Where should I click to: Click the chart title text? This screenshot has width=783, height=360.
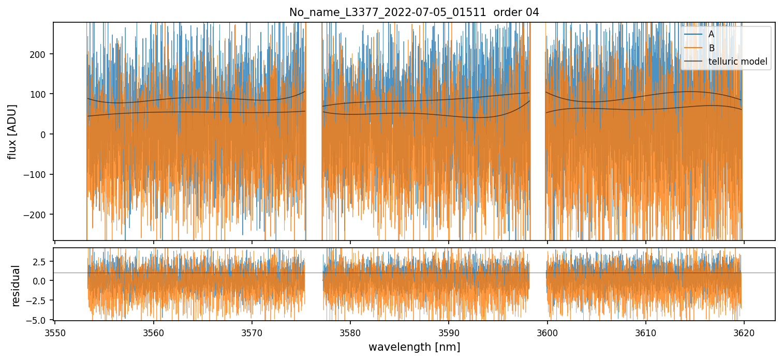[x=414, y=12]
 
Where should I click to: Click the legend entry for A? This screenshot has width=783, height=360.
[x=711, y=34]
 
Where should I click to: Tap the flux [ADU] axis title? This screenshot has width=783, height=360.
[x=12, y=131]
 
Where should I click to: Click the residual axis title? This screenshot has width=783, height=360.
[x=16, y=286]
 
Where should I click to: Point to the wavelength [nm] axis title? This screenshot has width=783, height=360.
[x=414, y=347]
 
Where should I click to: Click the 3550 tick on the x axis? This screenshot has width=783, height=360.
[x=55, y=332]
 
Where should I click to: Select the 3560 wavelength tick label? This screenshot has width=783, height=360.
[x=153, y=332]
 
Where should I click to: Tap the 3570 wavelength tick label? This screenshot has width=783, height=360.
[x=252, y=332]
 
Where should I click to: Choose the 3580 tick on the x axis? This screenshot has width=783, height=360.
[x=350, y=332]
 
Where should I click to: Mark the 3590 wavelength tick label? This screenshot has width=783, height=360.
[x=449, y=332]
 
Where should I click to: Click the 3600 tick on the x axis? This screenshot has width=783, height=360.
[x=548, y=332]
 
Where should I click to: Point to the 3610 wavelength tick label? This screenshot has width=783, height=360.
[x=646, y=332]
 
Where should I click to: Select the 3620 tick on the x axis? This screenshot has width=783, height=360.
[x=744, y=332]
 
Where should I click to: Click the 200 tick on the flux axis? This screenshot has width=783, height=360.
[x=40, y=54]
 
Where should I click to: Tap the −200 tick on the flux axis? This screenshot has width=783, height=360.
[x=38, y=215]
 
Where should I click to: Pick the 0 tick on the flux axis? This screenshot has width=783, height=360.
[x=45, y=134]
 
